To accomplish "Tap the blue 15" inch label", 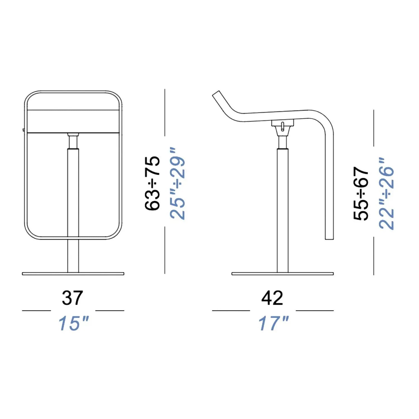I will click(x=73, y=323).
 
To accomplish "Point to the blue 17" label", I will click(x=273, y=323).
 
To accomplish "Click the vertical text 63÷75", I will click(x=153, y=183).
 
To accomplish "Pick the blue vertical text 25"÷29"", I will click(x=178, y=183).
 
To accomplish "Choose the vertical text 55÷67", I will click(x=361, y=194).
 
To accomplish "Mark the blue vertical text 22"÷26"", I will click(x=386, y=194).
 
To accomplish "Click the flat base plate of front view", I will click(x=73, y=274).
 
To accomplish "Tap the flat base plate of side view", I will click(x=282, y=274).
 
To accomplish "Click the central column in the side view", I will click(x=282, y=209).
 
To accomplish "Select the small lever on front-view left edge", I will click(x=23, y=130).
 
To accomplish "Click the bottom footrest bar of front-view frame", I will click(x=73, y=239).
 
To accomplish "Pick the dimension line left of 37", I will click(x=36, y=310).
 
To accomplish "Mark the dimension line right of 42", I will click(x=315, y=310).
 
